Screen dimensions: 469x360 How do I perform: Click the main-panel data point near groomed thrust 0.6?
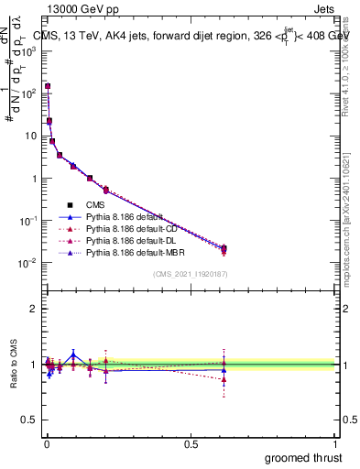224,248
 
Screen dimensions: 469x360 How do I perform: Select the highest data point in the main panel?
47,86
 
